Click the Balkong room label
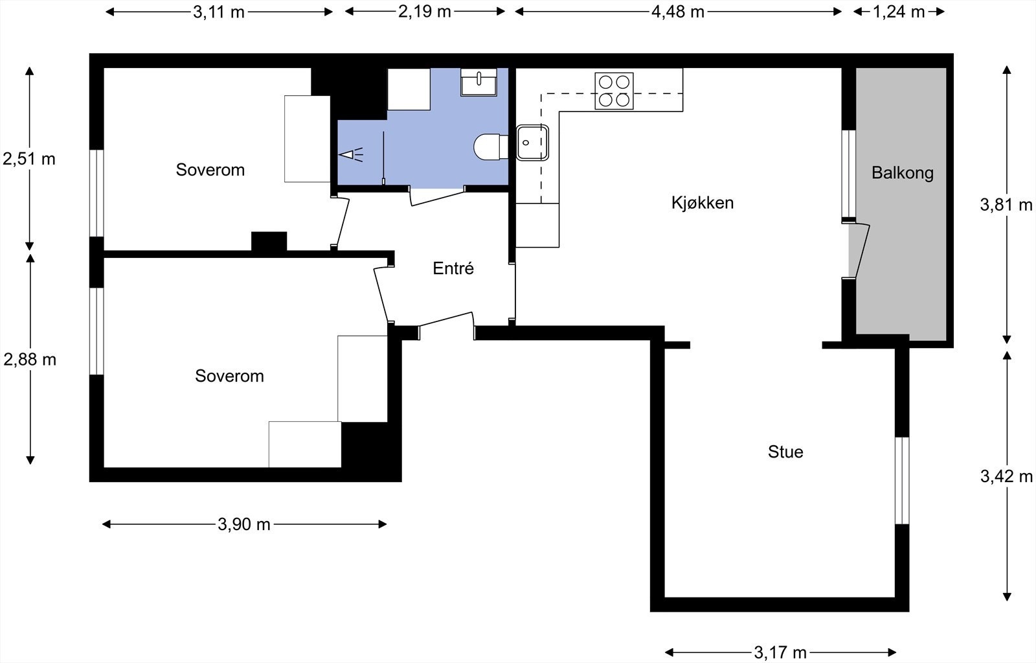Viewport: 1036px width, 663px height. (902, 173)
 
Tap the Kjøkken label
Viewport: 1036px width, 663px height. (702, 203)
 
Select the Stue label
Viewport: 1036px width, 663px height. (785, 452)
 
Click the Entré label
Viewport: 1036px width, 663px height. (453, 268)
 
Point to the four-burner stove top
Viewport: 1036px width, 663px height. (614, 91)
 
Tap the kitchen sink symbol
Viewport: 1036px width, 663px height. (532, 143)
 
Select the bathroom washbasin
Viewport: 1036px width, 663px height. (479, 82)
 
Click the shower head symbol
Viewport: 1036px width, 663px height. (350, 155)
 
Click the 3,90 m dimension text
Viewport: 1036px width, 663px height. (244, 524)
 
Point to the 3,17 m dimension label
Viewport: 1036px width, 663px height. (780, 652)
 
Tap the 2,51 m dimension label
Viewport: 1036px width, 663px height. (29, 159)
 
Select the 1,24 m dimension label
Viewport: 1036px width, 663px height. (899, 12)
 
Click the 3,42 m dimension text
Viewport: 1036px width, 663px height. (1006, 477)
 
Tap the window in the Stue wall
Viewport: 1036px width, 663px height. (902, 480)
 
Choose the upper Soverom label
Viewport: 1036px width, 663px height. (210, 170)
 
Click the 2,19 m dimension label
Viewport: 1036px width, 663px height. (424, 12)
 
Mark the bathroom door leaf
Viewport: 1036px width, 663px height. (438, 197)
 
